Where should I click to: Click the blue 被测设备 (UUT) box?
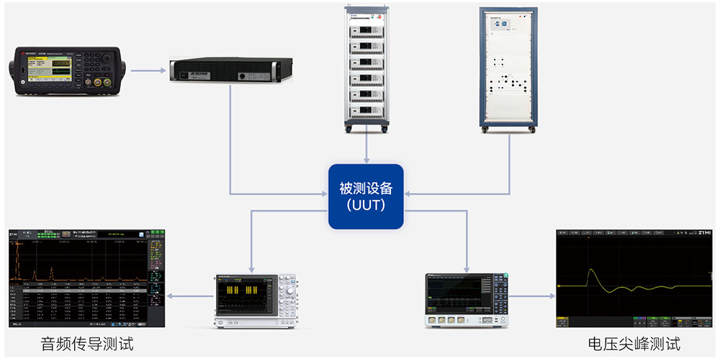[x=366, y=197]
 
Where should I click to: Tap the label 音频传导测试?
[x=87, y=343]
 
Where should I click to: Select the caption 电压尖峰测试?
[x=634, y=343]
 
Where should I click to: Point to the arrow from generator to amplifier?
[x=148, y=71]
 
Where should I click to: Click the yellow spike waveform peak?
[x=591, y=272]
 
